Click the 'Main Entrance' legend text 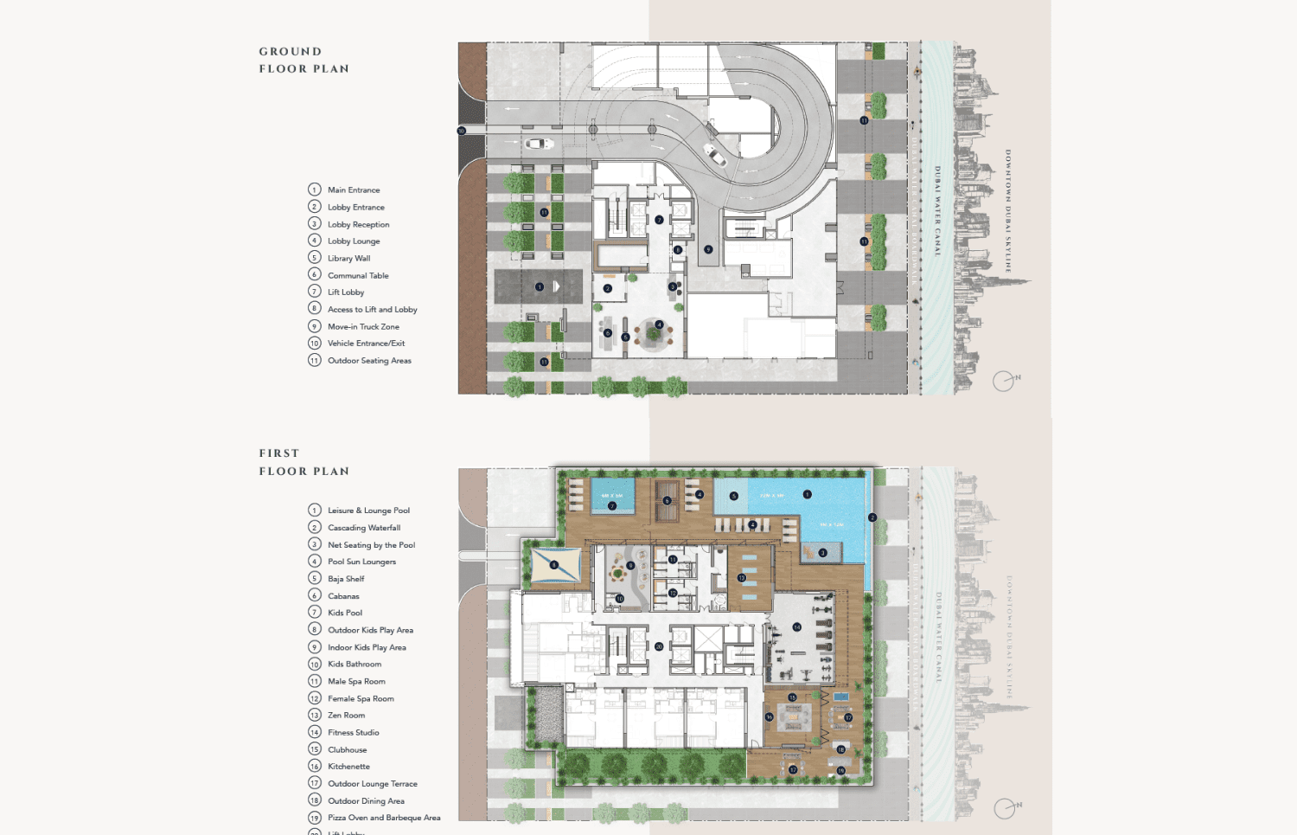click(x=354, y=190)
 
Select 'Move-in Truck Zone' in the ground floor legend click(x=363, y=327)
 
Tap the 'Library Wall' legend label click(x=348, y=259)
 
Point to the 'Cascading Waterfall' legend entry click(x=364, y=528)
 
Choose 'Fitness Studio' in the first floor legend click(x=353, y=733)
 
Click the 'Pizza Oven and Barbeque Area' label click(x=384, y=818)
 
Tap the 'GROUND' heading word click(x=291, y=52)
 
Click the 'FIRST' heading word click(x=279, y=453)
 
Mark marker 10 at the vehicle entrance click(x=461, y=131)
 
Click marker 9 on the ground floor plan click(x=708, y=249)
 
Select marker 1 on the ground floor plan click(x=540, y=286)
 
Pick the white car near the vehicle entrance click(x=539, y=144)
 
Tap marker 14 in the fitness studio click(x=796, y=627)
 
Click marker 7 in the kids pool click(x=612, y=506)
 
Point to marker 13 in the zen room click(x=741, y=578)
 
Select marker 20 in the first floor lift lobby click(x=659, y=646)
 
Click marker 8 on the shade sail click(x=553, y=565)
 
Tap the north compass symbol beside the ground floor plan click(x=1004, y=381)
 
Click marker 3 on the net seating click(x=822, y=552)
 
